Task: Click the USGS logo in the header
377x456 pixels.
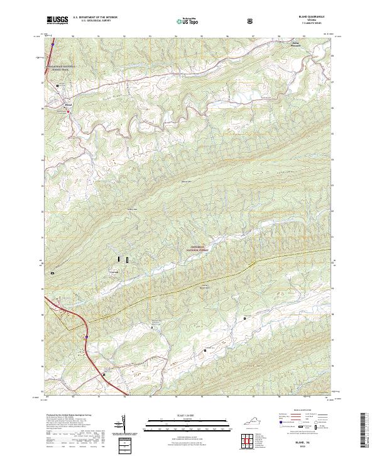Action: pyautogui.click(x=57, y=21)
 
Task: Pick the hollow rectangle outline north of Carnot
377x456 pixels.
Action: pyautogui.click(x=127, y=259)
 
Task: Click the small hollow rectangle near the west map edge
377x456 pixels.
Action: pyautogui.click(x=52, y=272)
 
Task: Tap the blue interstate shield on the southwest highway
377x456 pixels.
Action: pyautogui.click(x=84, y=338)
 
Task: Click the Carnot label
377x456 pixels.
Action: pyautogui.click(x=114, y=272)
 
